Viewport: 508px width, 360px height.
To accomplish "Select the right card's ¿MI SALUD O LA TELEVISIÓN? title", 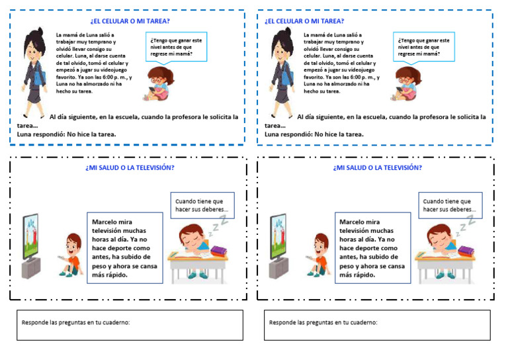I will click(377, 167).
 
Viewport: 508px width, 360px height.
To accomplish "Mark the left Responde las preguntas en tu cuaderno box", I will click(130, 324).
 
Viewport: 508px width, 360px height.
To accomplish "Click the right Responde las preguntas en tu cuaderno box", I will click(377, 324).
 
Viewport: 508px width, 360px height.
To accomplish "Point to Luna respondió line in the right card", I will click(314, 134).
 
